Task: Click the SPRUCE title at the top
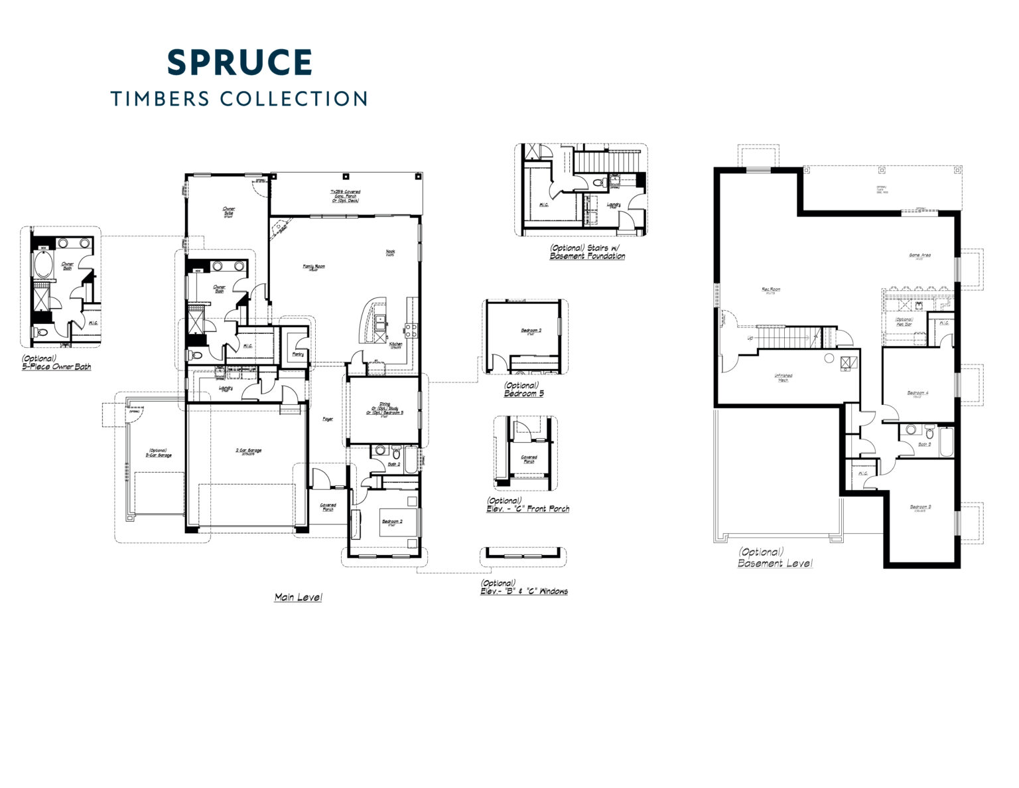(239, 62)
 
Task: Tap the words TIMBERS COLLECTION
(239, 99)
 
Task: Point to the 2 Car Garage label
(249, 451)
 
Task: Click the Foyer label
(328, 419)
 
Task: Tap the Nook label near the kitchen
(391, 252)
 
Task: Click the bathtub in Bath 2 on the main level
(411, 459)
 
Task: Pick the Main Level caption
(299, 597)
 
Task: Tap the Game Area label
(919, 256)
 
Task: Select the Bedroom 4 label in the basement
(917, 393)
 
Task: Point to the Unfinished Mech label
(783, 377)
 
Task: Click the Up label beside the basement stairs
(750, 338)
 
